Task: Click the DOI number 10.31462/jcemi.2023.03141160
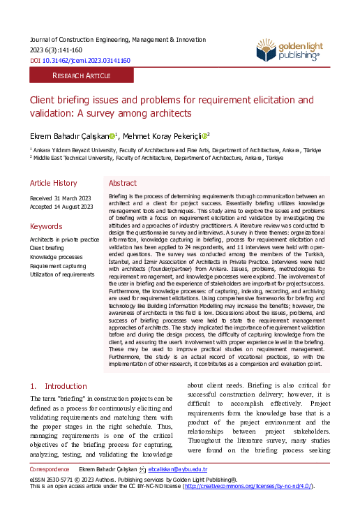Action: tap(87, 61)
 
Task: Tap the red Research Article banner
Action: tap(81, 75)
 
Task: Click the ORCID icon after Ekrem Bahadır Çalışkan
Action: tap(112, 135)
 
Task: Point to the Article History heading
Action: tap(53, 183)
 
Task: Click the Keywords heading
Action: tap(45, 226)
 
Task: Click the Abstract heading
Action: tap(123, 183)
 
